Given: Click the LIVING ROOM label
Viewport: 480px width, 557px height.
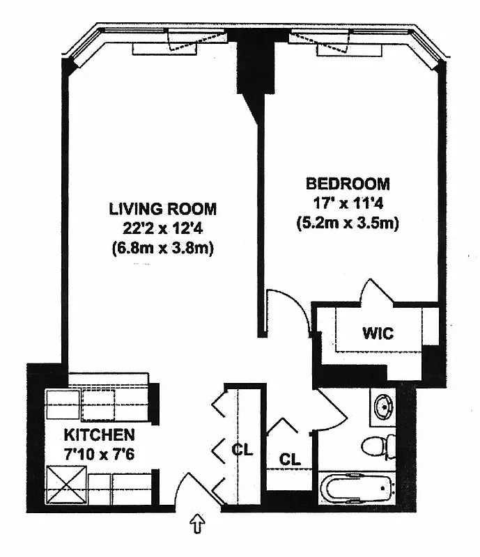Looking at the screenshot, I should [162, 208].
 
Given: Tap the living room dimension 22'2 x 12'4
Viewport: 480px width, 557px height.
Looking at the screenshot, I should [162, 228].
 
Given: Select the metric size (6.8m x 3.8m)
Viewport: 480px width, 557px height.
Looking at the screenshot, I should [162, 247].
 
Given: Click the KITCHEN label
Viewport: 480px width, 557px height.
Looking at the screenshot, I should [99, 436].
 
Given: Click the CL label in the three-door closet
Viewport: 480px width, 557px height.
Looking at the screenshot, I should [242, 450].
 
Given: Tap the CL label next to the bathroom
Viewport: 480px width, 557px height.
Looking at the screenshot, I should [290, 460].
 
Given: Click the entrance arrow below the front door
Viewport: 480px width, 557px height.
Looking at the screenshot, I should [197, 522].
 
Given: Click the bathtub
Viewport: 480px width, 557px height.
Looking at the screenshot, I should [357, 489].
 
